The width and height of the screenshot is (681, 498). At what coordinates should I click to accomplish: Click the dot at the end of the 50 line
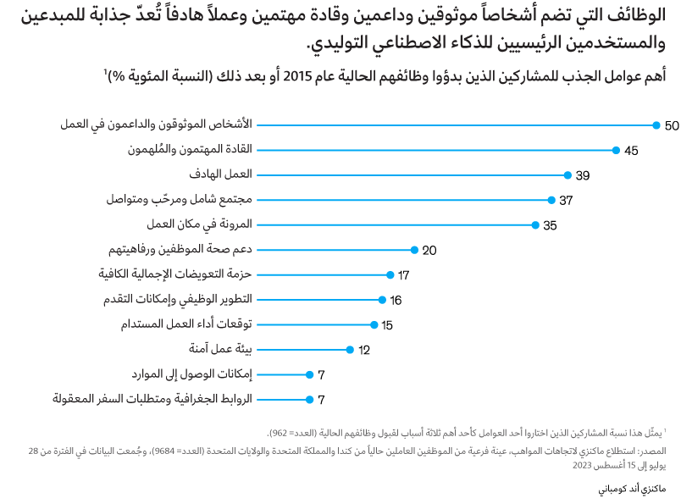[656, 125]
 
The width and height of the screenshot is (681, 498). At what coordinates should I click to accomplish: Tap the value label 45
[631, 151]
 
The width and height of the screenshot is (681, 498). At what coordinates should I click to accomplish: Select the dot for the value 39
[567, 175]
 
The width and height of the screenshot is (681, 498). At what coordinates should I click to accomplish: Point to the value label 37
[567, 201]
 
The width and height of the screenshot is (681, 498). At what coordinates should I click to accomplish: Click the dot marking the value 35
[535, 225]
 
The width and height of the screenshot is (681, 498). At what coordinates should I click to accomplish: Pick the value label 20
[429, 251]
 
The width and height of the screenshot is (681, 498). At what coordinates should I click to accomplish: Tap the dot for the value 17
[390, 275]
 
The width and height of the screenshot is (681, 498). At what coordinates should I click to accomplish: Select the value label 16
[396, 301]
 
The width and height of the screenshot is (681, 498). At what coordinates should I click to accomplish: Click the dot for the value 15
[374, 324]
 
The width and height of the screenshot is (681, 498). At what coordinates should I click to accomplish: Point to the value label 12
[364, 350]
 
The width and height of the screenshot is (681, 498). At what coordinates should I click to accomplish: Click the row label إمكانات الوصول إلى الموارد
[192, 374]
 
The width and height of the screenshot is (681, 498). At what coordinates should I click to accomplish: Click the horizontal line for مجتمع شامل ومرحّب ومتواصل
[403, 201]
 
